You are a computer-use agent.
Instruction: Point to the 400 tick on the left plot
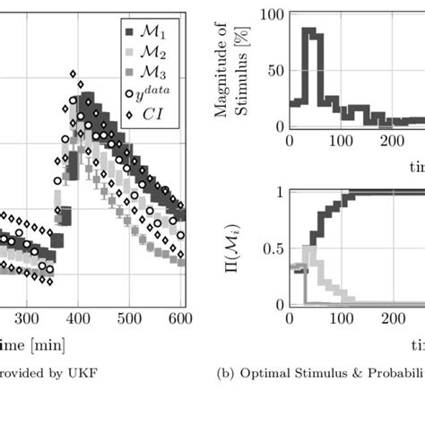78,317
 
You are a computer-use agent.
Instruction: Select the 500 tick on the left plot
130,317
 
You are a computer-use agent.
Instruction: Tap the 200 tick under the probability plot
391,318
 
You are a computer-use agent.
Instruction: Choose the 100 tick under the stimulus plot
340,141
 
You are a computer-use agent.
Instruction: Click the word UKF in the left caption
85,372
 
